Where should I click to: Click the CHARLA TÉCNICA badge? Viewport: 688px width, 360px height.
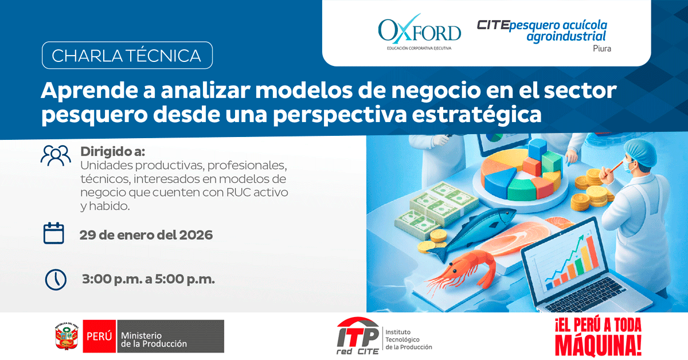(127, 55)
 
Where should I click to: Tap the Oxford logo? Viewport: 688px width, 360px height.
(419, 32)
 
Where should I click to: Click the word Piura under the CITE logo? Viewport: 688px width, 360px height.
(601, 49)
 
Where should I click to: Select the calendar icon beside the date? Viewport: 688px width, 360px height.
(54, 233)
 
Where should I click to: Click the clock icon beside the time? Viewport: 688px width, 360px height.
(56, 280)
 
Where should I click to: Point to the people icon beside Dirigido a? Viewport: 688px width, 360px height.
(56, 155)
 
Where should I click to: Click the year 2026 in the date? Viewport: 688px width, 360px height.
(196, 235)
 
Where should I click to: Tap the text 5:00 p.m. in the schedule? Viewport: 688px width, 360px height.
(185, 280)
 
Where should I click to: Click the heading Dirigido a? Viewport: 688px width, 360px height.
(113, 151)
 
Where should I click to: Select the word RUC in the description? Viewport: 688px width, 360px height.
(239, 192)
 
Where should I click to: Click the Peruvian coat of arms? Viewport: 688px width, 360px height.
(67, 336)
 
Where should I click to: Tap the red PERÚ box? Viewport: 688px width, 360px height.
(99, 336)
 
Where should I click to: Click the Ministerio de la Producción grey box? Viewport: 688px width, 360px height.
(170, 336)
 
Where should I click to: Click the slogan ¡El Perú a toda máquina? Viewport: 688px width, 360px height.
(599, 336)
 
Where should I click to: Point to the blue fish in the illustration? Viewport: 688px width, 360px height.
(473, 230)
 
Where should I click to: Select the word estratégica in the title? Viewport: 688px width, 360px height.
(476, 114)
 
